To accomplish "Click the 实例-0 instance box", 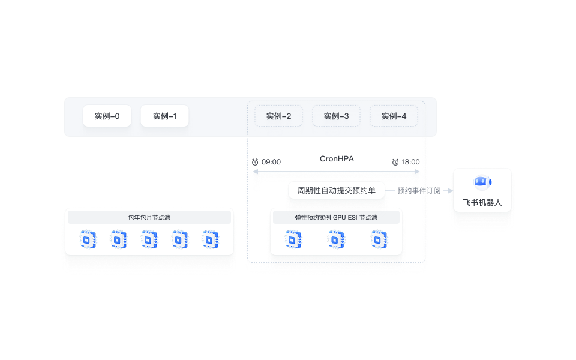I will pos(107,116).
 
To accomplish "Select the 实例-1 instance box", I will pos(164,116).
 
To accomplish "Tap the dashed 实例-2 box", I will pos(278,116).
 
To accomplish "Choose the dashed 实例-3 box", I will pos(336,116).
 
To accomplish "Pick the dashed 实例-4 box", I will pos(394,116).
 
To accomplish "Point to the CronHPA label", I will pos(337,159).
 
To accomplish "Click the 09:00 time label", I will pos(271,162).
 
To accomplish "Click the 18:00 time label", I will pos(410,162).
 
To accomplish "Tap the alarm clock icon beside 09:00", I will pos(255,162).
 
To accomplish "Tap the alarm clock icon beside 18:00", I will pos(395,162).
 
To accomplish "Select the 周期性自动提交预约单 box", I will pos(336,191).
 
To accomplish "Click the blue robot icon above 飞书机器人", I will pos(482,182).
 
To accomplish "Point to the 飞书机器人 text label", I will pos(482,203).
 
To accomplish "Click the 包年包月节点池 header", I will pos(149,217).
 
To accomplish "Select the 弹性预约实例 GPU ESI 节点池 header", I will pos(336,217).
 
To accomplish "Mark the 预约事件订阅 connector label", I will pos(419,191).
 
